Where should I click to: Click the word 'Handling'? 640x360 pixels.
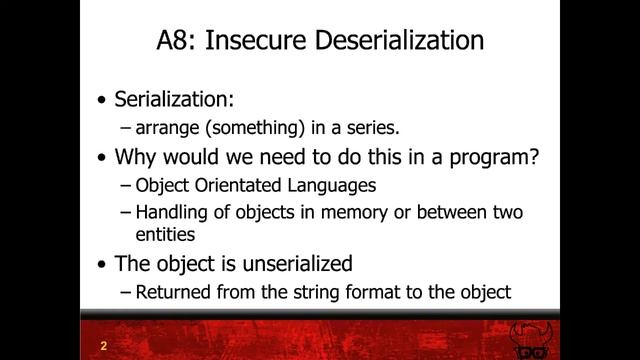[171, 212]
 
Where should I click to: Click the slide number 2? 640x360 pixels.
[103, 346]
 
